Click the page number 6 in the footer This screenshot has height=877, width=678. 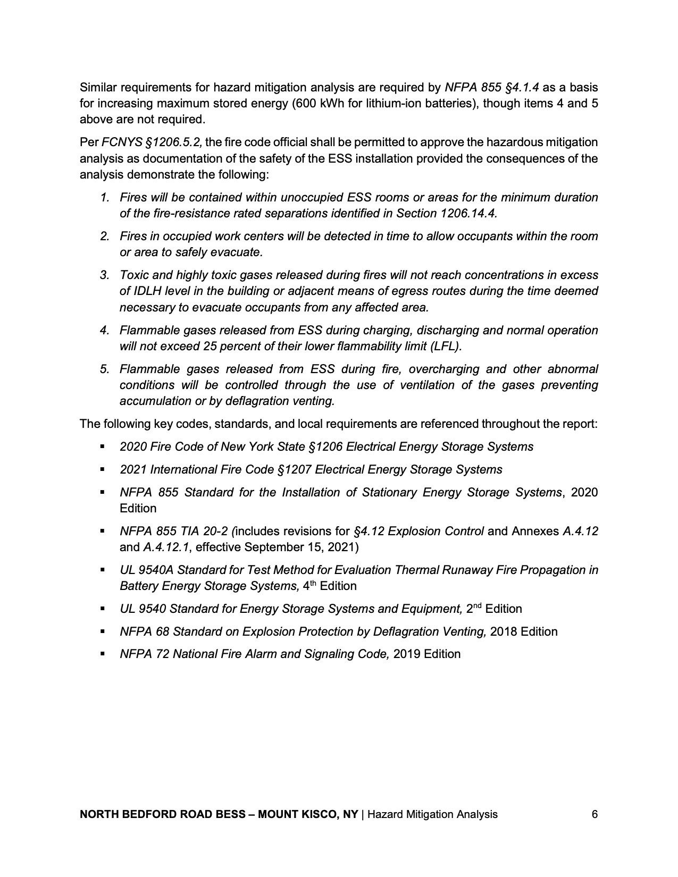pos(595,814)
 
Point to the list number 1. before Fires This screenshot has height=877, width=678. pos(105,198)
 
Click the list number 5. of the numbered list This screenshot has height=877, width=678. pos(105,369)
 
